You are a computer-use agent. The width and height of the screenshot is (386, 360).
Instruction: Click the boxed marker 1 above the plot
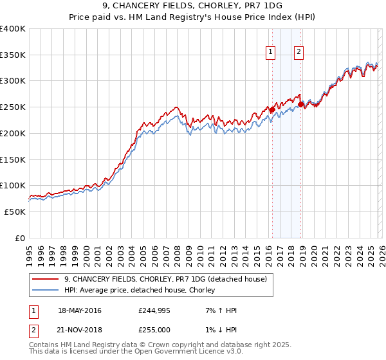270,53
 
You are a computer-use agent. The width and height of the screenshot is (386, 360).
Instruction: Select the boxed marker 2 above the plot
299,53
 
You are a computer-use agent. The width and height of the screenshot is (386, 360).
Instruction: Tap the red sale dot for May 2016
271,110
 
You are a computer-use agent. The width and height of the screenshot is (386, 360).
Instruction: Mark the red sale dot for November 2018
300,104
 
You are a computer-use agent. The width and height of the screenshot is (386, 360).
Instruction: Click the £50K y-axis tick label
15,212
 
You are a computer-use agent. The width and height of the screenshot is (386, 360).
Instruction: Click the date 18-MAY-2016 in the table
80,310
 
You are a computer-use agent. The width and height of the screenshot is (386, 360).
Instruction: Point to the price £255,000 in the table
154,328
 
